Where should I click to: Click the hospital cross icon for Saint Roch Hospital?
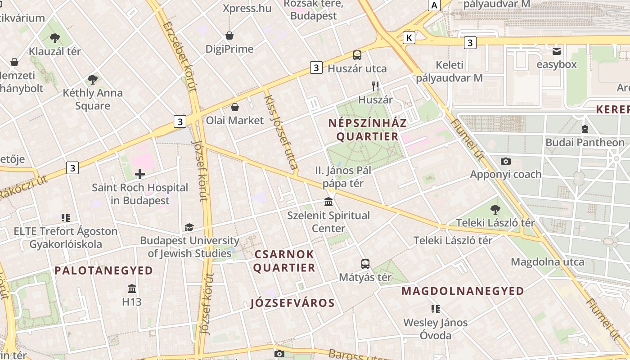click(x=140, y=174)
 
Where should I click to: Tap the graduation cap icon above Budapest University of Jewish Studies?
click(x=189, y=228)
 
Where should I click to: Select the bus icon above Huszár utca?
click(x=357, y=55)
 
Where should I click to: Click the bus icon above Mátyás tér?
click(x=365, y=264)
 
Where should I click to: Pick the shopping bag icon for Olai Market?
click(x=234, y=107)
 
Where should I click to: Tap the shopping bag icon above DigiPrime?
click(x=229, y=36)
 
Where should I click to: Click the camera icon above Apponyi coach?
click(x=506, y=161)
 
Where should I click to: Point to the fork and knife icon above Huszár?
click(x=375, y=86)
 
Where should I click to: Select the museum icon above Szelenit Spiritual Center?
click(x=328, y=202)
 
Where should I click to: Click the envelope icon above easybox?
click(x=557, y=51)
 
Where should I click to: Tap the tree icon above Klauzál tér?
click(x=55, y=38)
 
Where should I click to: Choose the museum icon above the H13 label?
click(x=132, y=288)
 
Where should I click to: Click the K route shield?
click(x=409, y=37)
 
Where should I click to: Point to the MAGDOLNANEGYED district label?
click(x=463, y=291)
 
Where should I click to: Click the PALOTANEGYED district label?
click(x=104, y=270)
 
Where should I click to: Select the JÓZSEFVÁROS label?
click(x=292, y=303)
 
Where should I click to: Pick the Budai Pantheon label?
click(x=585, y=143)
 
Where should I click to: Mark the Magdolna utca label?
click(x=548, y=262)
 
